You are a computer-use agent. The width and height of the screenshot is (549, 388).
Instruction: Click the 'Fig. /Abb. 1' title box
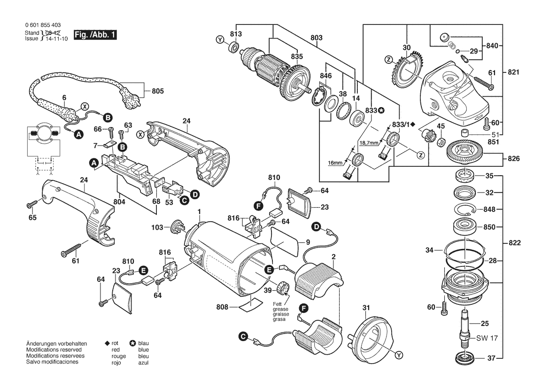95,35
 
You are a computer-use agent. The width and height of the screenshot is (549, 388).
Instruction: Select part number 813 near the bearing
235,34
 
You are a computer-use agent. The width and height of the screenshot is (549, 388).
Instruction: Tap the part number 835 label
297,56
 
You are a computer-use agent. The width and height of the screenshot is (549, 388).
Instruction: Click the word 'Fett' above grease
278,304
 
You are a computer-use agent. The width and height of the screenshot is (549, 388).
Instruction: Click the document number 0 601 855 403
42,25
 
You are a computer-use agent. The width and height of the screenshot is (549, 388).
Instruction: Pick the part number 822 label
514,243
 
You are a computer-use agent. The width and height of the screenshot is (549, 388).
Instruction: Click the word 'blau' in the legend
144,344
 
